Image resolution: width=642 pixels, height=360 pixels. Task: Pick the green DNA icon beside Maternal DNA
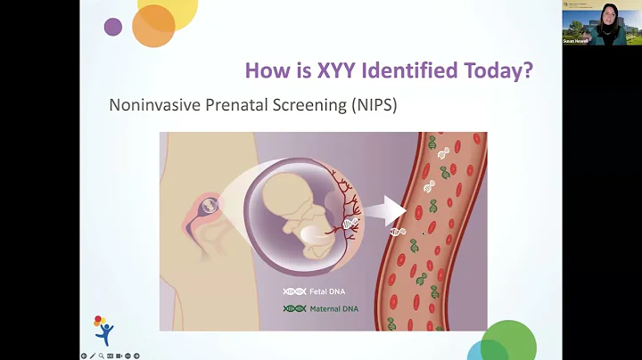click(x=293, y=309)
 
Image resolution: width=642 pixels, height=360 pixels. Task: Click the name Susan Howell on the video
click(x=575, y=41)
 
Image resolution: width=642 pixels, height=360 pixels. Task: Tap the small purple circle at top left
click(x=113, y=27)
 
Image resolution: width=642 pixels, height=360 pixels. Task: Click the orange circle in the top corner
click(x=152, y=26)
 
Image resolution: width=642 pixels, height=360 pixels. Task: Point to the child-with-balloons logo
click(x=103, y=330)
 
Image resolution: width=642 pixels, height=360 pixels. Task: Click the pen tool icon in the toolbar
click(x=93, y=356)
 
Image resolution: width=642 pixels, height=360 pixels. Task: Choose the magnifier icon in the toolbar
click(x=102, y=356)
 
